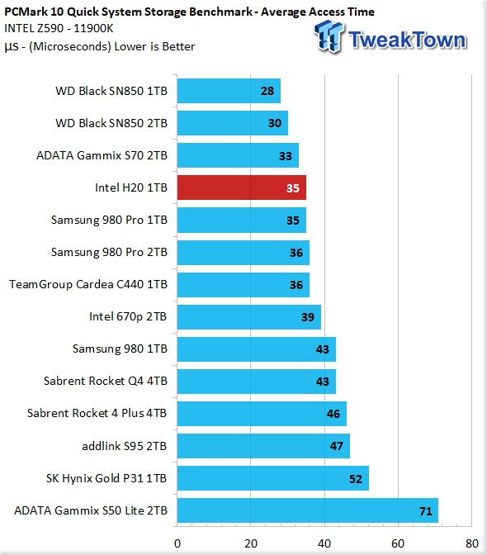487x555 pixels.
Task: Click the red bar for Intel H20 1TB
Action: point(242,187)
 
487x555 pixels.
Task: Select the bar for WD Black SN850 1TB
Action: point(229,91)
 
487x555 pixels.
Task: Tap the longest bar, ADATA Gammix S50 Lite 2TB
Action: point(308,510)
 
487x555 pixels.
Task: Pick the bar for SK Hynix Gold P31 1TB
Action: point(273,478)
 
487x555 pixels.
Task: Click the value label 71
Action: point(426,511)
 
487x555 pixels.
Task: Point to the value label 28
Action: point(267,91)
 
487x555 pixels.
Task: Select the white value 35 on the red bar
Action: point(293,188)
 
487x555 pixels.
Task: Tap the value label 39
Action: point(308,317)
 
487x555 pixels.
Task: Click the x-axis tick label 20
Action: point(251,543)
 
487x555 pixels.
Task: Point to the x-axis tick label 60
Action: point(398,543)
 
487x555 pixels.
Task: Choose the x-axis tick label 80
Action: point(472,543)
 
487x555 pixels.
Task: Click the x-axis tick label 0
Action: point(177,543)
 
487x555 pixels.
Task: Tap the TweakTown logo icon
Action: point(329,36)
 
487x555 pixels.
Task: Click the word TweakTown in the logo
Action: point(407,40)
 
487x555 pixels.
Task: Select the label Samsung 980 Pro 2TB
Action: point(109,252)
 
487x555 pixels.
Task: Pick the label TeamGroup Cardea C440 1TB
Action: point(88,284)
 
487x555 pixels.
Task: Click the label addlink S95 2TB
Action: point(124,446)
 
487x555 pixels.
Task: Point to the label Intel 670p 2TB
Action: point(128,316)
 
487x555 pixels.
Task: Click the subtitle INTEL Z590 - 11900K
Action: point(59,28)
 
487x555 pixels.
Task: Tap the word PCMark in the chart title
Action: point(26,12)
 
